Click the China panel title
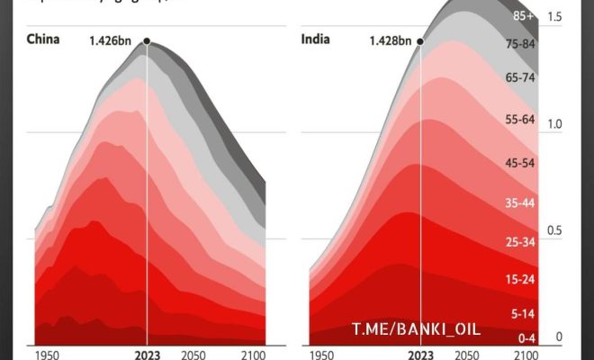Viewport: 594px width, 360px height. (x=44, y=40)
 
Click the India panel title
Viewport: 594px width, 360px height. (x=317, y=40)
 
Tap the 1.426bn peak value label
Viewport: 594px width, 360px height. (x=112, y=40)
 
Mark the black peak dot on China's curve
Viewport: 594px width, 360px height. (x=147, y=41)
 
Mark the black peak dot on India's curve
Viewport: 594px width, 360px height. (x=420, y=41)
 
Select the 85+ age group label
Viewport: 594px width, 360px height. (x=522, y=15)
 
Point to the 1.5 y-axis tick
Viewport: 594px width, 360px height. (x=554, y=17)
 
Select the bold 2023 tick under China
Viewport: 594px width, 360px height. (x=147, y=355)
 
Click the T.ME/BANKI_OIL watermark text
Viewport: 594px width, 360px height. (x=416, y=329)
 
